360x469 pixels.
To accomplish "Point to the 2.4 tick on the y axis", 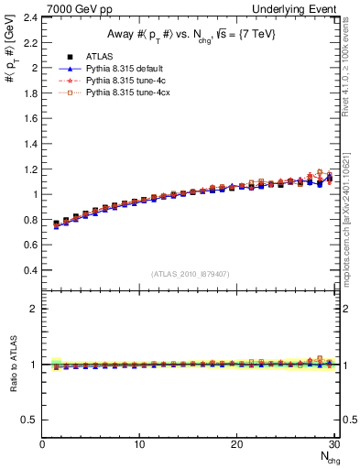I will point(29,17).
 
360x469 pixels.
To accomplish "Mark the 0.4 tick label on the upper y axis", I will point(29,271).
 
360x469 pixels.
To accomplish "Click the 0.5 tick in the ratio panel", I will point(29,420).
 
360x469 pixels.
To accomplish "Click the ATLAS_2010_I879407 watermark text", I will point(189,274).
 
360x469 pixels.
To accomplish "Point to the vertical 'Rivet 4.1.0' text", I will point(351,60).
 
